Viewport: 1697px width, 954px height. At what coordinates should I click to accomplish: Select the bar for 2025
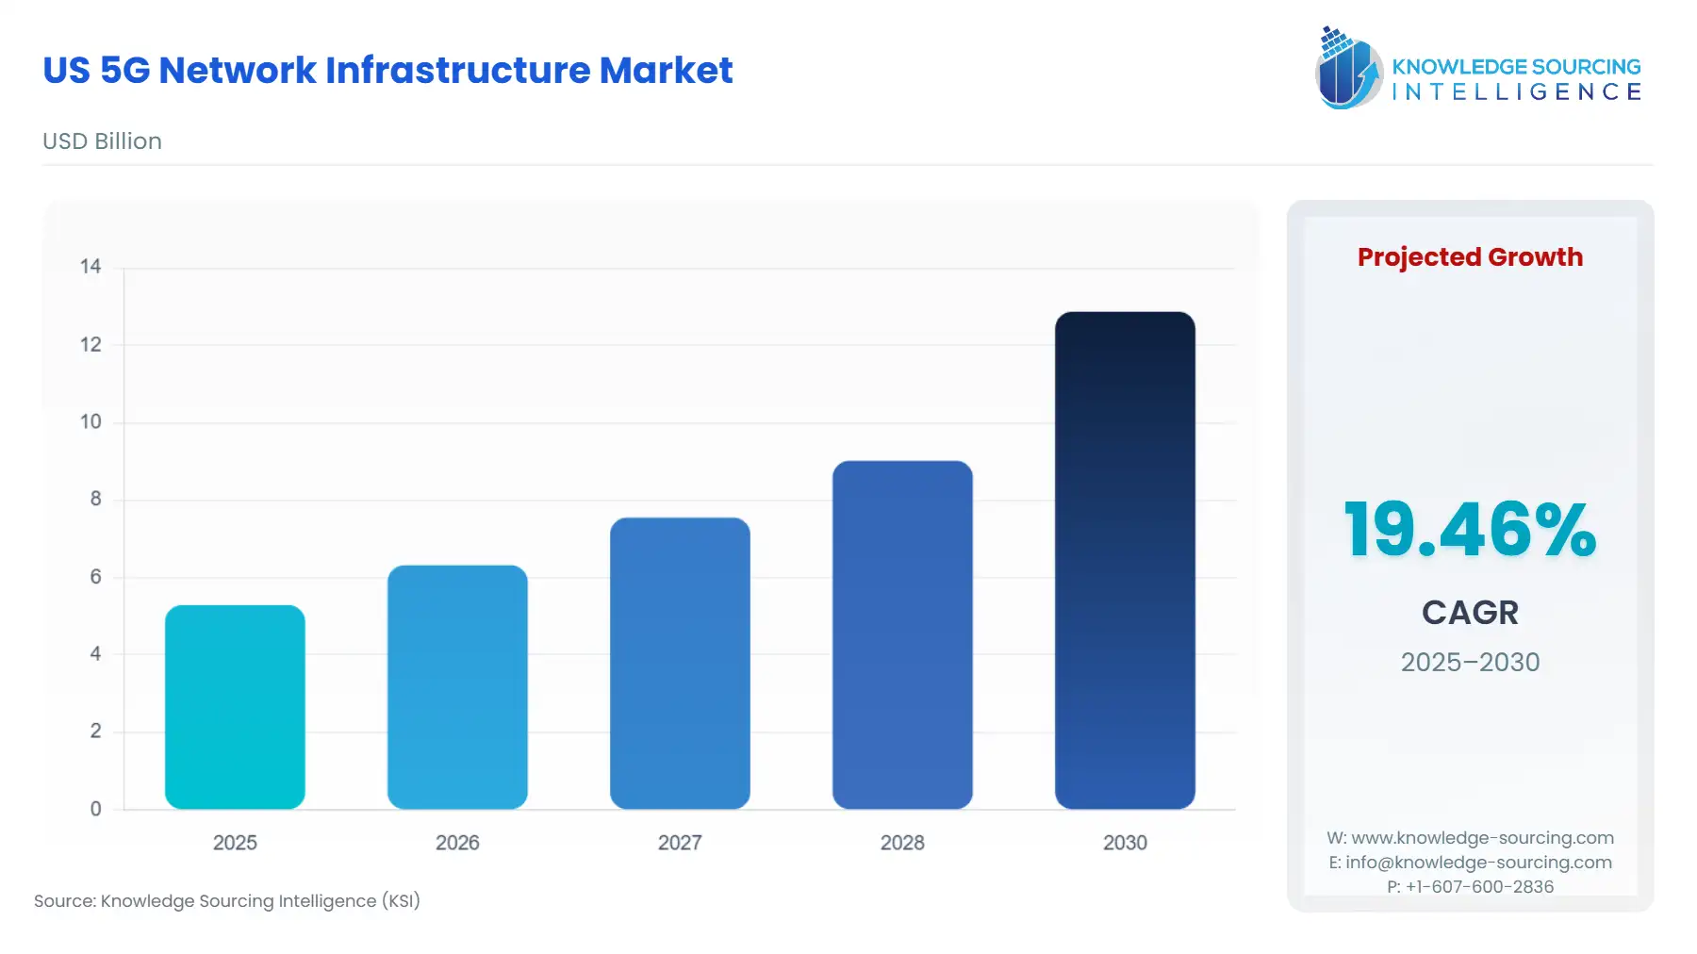[235, 707]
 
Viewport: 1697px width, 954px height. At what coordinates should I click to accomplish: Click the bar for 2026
[457, 687]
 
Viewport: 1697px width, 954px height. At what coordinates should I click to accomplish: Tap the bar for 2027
[680, 664]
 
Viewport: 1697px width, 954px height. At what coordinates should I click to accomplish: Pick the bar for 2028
[902, 635]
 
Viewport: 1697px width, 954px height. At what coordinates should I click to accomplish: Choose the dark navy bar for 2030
[1125, 561]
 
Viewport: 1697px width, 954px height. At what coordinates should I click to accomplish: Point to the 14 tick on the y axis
[91, 267]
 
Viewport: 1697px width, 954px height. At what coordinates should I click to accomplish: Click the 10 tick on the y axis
[91, 422]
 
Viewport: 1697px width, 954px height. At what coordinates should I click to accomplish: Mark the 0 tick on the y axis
[95, 809]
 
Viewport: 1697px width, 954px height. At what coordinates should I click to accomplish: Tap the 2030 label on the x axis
[1125, 843]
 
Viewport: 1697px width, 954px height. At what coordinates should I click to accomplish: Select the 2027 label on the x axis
[680, 843]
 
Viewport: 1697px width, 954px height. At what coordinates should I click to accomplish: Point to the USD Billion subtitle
[102, 141]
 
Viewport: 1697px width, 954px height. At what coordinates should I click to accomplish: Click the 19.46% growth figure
[1470, 530]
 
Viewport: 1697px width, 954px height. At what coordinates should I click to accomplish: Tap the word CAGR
[1470, 613]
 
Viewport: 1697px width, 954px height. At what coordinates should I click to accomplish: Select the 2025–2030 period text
[1470, 662]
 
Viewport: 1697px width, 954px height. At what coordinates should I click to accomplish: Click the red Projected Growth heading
[1470, 257]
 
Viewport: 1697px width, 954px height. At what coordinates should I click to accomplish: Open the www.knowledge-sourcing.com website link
[1482, 838]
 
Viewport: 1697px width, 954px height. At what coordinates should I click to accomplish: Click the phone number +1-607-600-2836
[1479, 887]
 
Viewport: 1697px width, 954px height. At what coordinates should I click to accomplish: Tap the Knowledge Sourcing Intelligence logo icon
[1347, 68]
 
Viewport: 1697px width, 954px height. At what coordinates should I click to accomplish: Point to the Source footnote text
[227, 901]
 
